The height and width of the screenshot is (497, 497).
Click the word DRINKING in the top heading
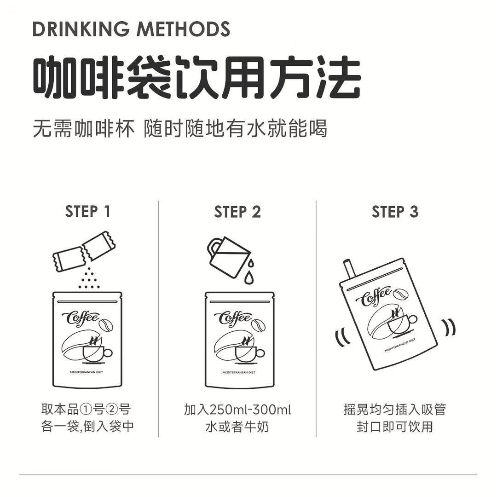81,29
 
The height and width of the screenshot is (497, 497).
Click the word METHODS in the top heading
183,29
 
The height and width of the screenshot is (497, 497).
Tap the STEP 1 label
87,212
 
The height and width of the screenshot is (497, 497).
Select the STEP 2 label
237,212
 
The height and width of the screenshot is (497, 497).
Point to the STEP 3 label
395,212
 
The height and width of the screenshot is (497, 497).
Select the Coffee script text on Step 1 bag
83,318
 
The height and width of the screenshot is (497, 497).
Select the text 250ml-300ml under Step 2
250,409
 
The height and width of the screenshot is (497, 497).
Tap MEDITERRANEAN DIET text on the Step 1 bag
86,372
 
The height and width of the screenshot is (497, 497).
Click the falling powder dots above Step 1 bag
89,279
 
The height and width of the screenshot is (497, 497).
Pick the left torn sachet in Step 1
68,259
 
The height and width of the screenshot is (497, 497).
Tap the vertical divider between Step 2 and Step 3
316,318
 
